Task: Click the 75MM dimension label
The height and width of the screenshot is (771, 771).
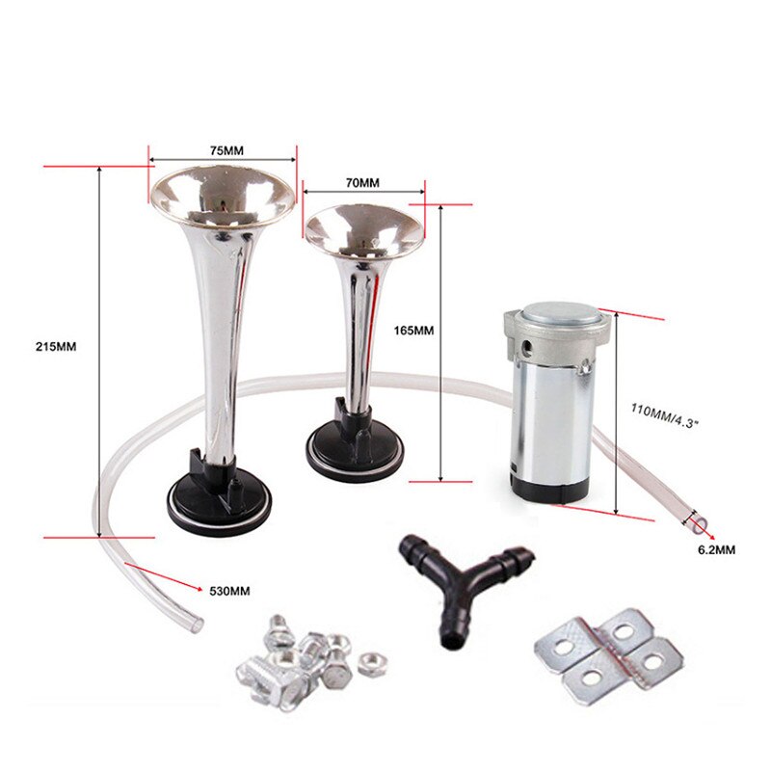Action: [x=226, y=151]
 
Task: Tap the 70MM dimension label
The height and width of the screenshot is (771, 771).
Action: [x=363, y=183]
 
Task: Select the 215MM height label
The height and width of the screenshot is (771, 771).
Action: [x=56, y=347]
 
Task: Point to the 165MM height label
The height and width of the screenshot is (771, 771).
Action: [x=413, y=331]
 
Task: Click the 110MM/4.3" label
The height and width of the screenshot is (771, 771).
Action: [x=664, y=416]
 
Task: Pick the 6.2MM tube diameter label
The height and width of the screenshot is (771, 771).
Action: [x=717, y=550]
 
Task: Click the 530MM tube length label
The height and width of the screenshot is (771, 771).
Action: [x=229, y=591]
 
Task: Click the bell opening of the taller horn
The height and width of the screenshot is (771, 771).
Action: [x=223, y=196]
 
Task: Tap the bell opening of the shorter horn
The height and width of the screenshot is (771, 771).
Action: [x=364, y=230]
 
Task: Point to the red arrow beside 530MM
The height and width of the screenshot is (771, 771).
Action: [x=164, y=576]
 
